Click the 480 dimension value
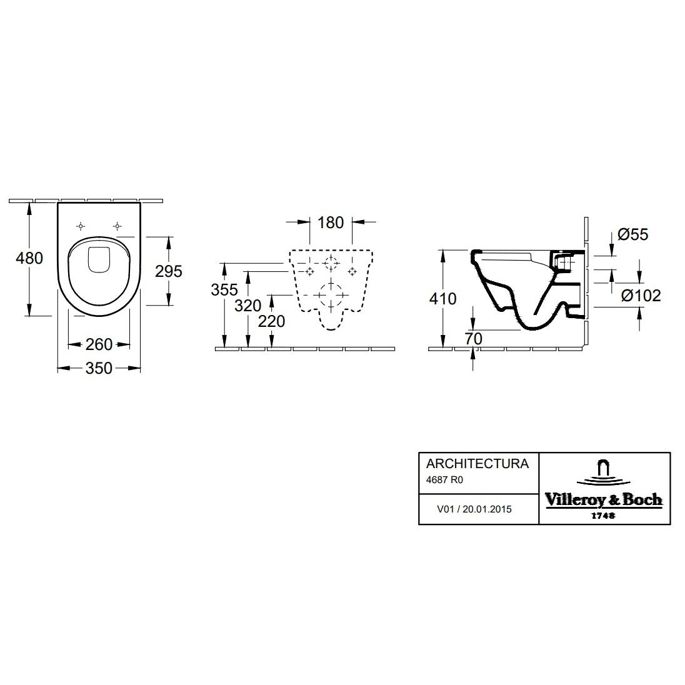[29, 258]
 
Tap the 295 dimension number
[169, 271]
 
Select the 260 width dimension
[99, 344]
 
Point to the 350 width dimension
[99, 368]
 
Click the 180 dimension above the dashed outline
[331, 222]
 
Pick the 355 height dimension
[224, 289]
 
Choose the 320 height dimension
[247, 306]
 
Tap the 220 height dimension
[271, 321]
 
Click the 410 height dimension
[442, 299]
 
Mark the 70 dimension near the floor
[474, 339]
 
